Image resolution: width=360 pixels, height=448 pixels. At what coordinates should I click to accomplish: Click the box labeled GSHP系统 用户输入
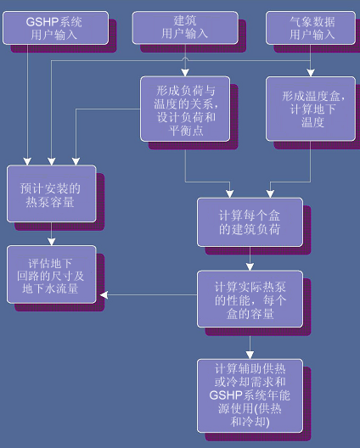[55, 28]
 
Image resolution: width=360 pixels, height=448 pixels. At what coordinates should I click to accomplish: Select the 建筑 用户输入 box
[185, 28]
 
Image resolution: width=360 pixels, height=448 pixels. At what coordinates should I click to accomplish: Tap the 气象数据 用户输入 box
[311, 28]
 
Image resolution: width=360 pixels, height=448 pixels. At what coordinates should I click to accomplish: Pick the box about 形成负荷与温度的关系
[185, 109]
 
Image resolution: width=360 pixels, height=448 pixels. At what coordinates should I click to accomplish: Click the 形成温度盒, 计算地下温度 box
[311, 109]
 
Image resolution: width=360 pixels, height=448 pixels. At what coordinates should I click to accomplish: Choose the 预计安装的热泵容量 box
[52, 193]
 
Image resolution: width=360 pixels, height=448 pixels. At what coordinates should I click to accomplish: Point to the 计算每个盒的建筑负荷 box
[250, 222]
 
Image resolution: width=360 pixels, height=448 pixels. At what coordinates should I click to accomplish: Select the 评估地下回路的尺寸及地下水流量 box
[52, 274]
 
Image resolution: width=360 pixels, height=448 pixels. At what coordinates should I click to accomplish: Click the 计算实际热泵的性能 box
[250, 300]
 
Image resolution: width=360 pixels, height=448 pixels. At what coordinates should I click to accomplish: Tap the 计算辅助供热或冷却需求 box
[250, 396]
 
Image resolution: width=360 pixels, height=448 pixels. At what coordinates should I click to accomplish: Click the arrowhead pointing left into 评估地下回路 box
[104, 295]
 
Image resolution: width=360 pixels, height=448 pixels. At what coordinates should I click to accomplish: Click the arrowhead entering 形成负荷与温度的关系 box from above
[185, 73]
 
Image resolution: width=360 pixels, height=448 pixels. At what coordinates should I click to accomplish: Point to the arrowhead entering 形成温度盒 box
[311, 73]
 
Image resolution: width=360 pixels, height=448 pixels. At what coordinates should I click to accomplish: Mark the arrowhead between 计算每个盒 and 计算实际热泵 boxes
[250, 267]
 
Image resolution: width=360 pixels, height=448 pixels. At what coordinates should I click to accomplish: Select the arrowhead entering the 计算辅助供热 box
[250, 356]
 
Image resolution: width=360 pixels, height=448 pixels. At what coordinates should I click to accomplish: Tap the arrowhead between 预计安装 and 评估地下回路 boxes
[52, 242]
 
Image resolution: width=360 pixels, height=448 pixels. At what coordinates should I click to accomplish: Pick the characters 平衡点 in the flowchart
[186, 131]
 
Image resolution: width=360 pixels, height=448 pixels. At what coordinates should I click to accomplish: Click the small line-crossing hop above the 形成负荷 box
[185, 59]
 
